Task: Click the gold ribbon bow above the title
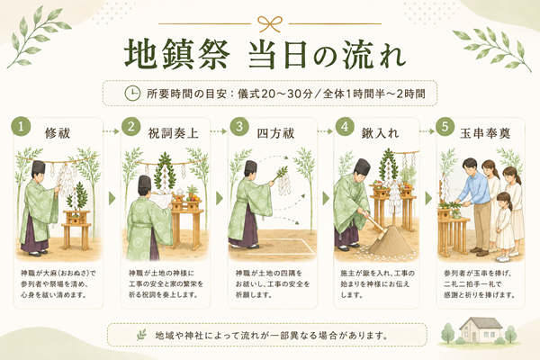click(x=270, y=24)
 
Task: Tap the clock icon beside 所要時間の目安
click(x=132, y=94)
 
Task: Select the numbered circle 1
click(x=21, y=127)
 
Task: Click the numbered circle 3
click(x=239, y=126)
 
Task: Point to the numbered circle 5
click(x=445, y=126)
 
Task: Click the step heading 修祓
click(x=58, y=133)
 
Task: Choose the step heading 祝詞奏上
click(x=173, y=133)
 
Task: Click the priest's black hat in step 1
click(x=39, y=167)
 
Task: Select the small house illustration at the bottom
click(x=481, y=330)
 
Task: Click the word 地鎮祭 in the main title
click(x=177, y=55)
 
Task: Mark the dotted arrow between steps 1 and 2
click(x=111, y=131)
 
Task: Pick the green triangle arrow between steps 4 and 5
click(x=428, y=198)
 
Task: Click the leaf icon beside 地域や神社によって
click(x=141, y=335)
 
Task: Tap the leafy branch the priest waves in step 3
click(x=282, y=172)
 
